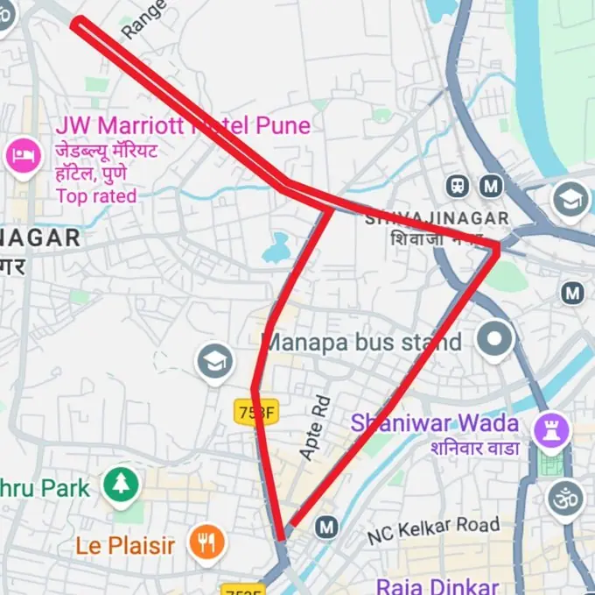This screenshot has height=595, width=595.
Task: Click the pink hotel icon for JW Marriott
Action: click(24, 157)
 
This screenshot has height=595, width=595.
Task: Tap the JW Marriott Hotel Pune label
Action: click(182, 125)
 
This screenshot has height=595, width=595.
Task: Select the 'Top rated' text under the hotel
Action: click(96, 195)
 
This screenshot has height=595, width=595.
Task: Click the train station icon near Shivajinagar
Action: click(458, 186)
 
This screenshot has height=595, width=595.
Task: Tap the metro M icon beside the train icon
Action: click(491, 186)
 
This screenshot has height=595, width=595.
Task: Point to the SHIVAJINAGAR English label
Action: click(436, 217)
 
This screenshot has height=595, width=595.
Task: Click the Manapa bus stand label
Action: click(363, 341)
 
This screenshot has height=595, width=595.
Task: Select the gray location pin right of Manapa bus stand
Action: click(495, 338)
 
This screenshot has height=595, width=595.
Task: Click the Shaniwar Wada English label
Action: click(435, 424)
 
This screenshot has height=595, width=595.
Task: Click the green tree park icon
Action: click(121, 485)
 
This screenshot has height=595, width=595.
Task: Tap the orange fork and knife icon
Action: click(206, 543)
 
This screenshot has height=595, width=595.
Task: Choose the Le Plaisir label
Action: click(125, 545)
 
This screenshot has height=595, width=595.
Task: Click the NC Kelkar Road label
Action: click(434, 529)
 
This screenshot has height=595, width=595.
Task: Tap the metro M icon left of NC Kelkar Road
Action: click(327, 527)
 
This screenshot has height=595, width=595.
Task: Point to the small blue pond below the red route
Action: click(276, 249)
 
